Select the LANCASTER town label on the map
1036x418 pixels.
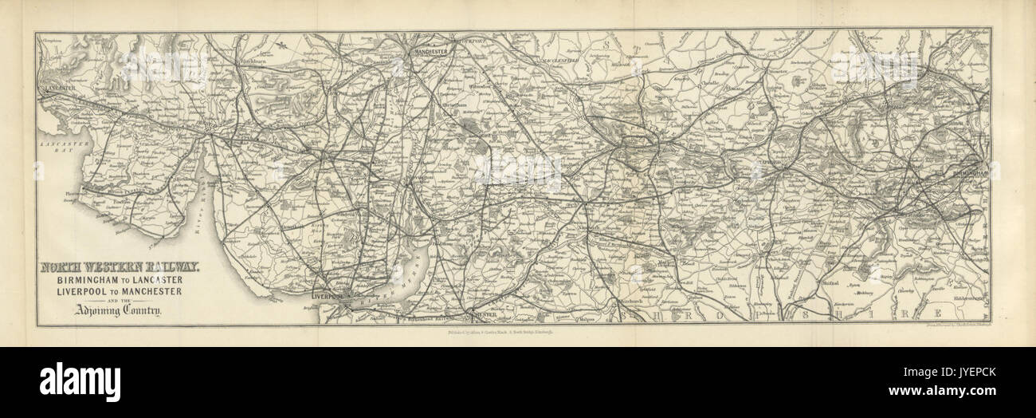coord(58,83)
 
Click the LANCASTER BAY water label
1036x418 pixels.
coord(57,146)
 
